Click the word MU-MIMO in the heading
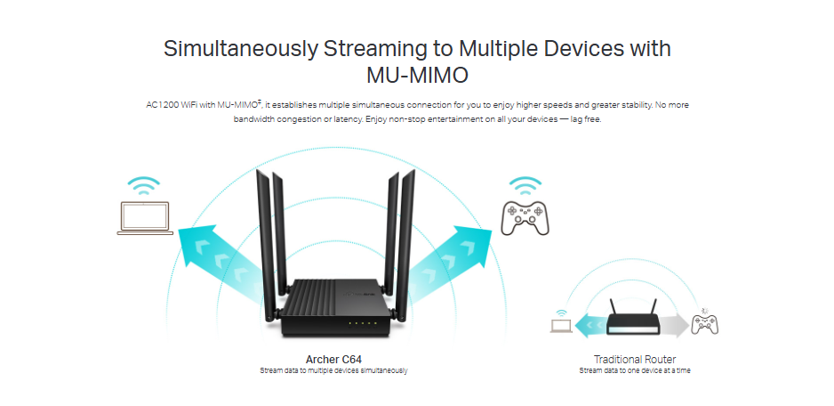coord(417,76)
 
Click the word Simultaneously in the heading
coord(241,48)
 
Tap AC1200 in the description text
coord(162,105)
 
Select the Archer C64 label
coord(333,359)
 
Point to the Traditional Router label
coord(635,359)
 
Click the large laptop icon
coord(145,218)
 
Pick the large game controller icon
coord(525,218)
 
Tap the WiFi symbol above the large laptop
coord(144,186)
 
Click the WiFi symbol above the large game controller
coord(525,186)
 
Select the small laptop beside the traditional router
coord(561,326)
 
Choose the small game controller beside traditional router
coord(704,324)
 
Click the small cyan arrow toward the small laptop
coord(591,325)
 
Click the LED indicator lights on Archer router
coord(362,323)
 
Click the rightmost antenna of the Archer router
coord(405,245)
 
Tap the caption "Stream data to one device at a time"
coord(635,370)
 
